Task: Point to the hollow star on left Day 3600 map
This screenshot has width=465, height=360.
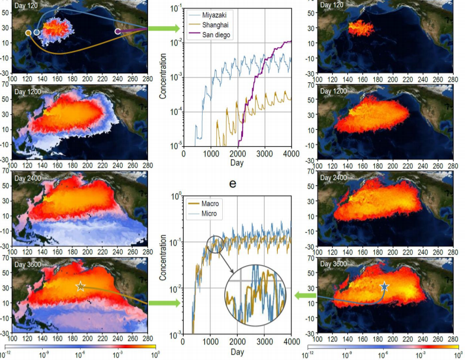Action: [81, 287]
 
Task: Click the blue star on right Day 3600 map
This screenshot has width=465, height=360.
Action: [384, 287]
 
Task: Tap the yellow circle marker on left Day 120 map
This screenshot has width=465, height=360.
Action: [28, 33]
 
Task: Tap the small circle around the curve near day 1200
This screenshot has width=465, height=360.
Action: [215, 243]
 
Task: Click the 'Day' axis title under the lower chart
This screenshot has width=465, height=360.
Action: [237, 352]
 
